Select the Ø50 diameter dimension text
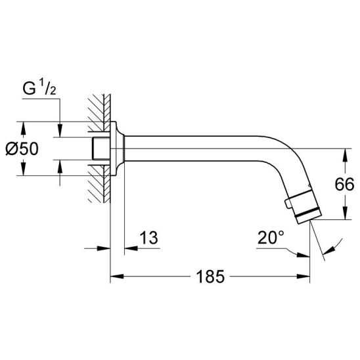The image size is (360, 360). click(x=22, y=148)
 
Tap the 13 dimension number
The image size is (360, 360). click(x=148, y=238)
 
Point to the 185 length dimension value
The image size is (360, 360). click(x=210, y=277)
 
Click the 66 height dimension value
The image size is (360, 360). click(x=344, y=185)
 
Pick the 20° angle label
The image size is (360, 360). click(x=271, y=237)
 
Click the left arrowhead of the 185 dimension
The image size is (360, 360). click(x=117, y=276)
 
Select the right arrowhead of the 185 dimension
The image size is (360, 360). click(x=303, y=276)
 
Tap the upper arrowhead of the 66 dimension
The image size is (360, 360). click(x=345, y=156)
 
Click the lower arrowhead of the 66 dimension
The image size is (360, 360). click(x=345, y=213)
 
